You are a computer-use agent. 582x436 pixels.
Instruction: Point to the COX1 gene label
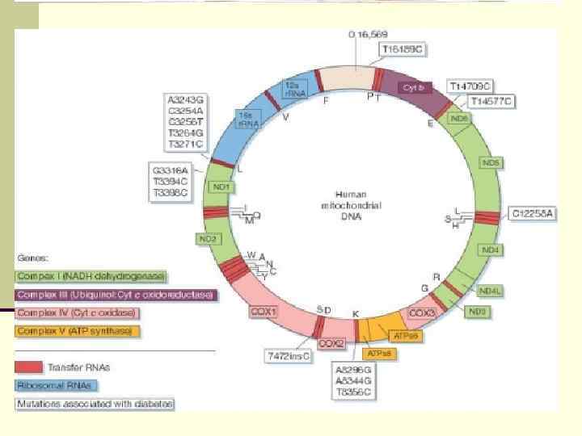[264, 311]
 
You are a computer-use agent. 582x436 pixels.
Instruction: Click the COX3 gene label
[423, 312]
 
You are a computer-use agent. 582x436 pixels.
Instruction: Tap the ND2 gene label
[209, 239]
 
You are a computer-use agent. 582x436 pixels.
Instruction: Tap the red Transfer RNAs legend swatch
[32, 367]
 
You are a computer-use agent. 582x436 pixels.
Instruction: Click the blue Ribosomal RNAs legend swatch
[32, 385]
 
